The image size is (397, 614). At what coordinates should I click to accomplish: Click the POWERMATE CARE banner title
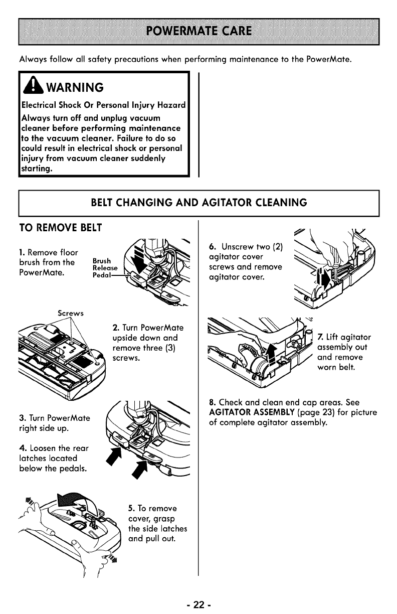(199, 30)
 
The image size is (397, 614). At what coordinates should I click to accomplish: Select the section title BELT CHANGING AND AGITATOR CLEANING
(198, 202)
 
